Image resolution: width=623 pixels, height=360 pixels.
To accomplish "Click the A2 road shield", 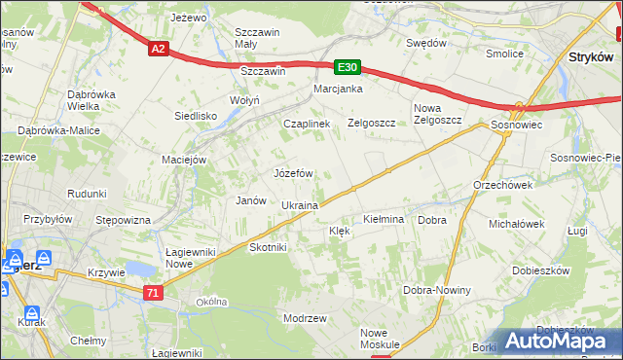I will tap(159, 48).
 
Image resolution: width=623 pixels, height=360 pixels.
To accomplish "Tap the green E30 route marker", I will tap(348, 67).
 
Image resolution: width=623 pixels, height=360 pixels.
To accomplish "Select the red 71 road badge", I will tap(152, 292).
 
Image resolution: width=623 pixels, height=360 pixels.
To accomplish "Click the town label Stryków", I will tap(588, 57).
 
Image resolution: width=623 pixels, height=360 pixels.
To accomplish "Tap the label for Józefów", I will tap(293, 173).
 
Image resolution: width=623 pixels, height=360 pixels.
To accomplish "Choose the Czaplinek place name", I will tap(307, 125).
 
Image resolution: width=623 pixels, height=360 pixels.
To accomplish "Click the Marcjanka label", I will tap(338, 90).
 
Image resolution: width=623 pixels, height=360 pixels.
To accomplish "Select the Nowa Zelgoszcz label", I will tap(437, 114).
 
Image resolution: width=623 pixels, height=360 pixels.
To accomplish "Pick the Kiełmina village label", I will tap(384, 220).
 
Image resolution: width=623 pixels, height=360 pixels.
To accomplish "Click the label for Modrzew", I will tap(304, 319).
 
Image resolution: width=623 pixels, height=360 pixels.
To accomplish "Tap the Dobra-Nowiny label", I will tap(437, 291).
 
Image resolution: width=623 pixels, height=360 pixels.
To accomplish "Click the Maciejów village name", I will tap(185, 160).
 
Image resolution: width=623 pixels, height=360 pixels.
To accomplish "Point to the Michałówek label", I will tap(516, 224).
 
